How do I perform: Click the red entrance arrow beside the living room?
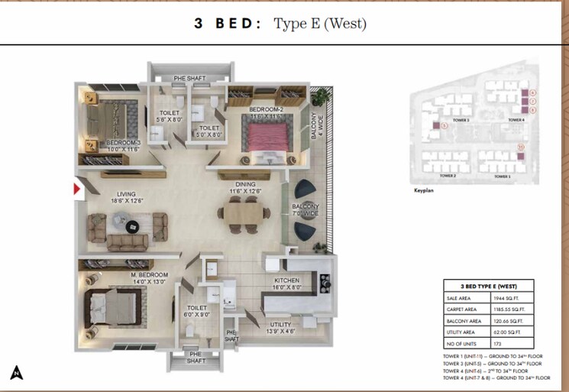78,190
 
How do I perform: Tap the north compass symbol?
16,372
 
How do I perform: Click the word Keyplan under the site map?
423,190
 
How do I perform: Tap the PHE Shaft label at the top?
189,78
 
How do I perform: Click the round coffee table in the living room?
131,225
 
